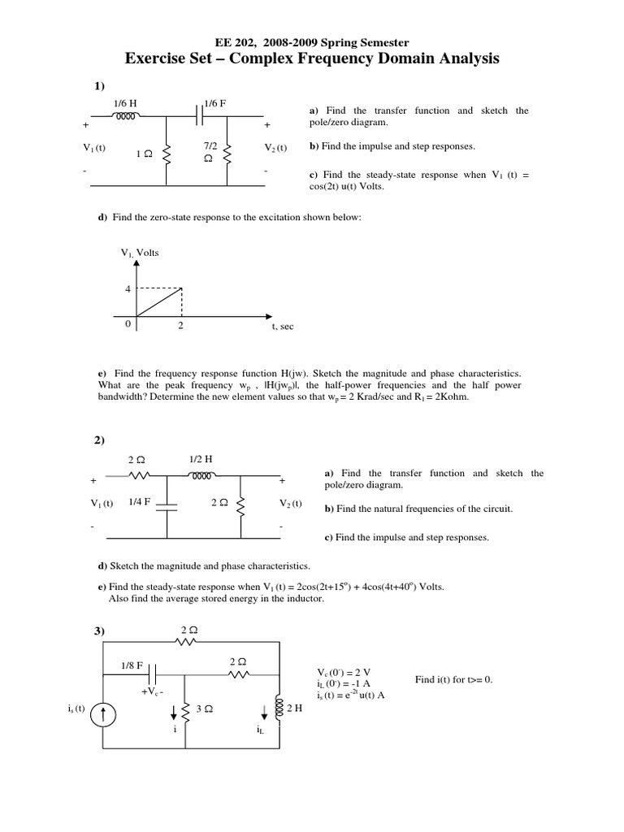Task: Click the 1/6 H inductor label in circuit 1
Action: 124,103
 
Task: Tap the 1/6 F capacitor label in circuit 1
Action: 214,103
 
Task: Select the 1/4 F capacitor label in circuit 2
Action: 141,503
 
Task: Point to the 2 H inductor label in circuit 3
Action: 294,708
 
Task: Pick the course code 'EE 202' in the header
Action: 232,41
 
